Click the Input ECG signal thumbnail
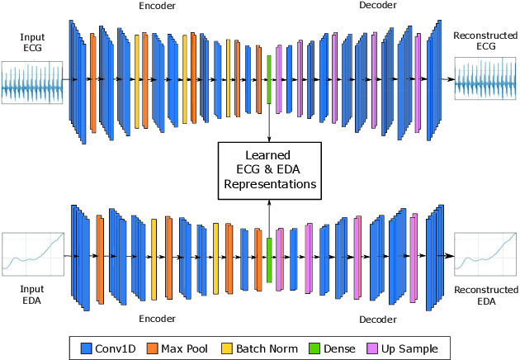point(31,83)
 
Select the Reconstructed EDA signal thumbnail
point(485,257)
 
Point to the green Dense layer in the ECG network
point(269,79)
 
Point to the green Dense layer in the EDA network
point(269,260)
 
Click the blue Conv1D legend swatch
point(86,348)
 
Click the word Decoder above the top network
point(378,6)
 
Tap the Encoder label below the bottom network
point(157,317)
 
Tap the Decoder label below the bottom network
point(378,319)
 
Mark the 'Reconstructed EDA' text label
point(485,296)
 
